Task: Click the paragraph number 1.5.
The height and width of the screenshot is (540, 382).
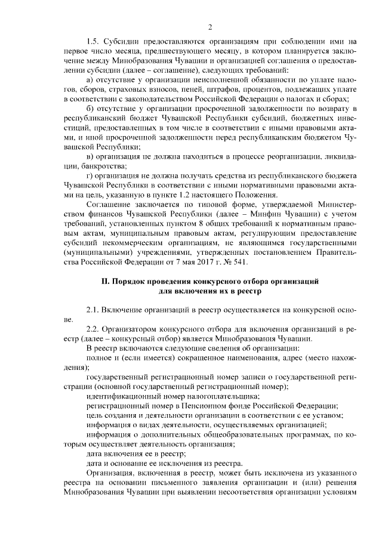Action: [x=93, y=42]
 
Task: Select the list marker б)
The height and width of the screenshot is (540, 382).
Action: [x=91, y=107]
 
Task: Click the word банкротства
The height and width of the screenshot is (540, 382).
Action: [x=87, y=165]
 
